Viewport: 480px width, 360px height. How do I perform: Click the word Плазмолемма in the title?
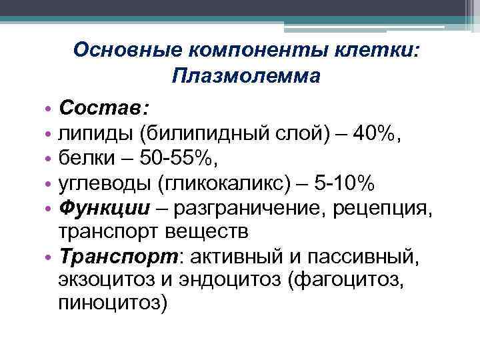pos(245,76)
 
